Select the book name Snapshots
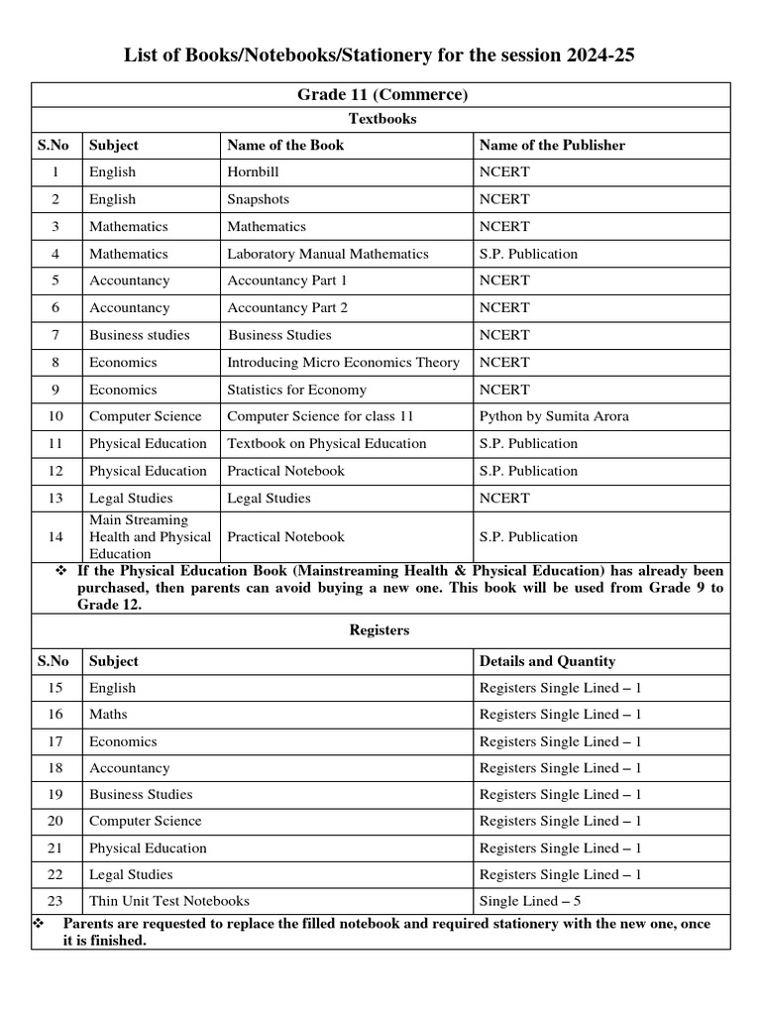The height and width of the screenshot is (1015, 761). pyautogui.click(x=259, y=199)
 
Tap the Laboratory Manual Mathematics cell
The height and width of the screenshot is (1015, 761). pyautogui.click(x=328, y=254)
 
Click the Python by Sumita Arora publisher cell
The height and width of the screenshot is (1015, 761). pyautogui.click(x=552, y=416)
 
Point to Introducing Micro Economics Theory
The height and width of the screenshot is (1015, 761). pyautogui.click(x=343, y=363)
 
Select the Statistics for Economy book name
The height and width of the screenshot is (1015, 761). pyautogui.click(x=296, y=390)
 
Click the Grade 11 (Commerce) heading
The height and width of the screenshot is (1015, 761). pyautogui.click(x=381, y=95)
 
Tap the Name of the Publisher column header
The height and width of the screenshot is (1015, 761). pyautogui.click(x=552, y=145)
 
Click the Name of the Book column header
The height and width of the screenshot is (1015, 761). pyautogui.click(x=285, y=145)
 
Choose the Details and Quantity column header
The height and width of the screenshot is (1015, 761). pyautogui.click(x=547, y=661)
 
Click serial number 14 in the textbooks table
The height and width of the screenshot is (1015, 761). pyautogui.click(x=55, y=536)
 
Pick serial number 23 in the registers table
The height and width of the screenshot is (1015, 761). pyautogui.click(x=55, y=901)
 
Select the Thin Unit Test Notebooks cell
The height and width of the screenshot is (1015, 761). pyautogui.click(x=169, y=901)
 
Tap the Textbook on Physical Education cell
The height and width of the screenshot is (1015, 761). pyautogui.click(x=326, y=443)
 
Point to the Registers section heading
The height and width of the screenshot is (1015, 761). pyautogui.click(x=380, y=629)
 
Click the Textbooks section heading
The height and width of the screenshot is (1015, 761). pyautogui.click(x=381, y=119)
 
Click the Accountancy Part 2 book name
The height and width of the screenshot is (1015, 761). pyautogui.click(x=287, y=307)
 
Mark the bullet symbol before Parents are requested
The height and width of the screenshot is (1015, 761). pyautogui.click(x=41, y=924)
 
